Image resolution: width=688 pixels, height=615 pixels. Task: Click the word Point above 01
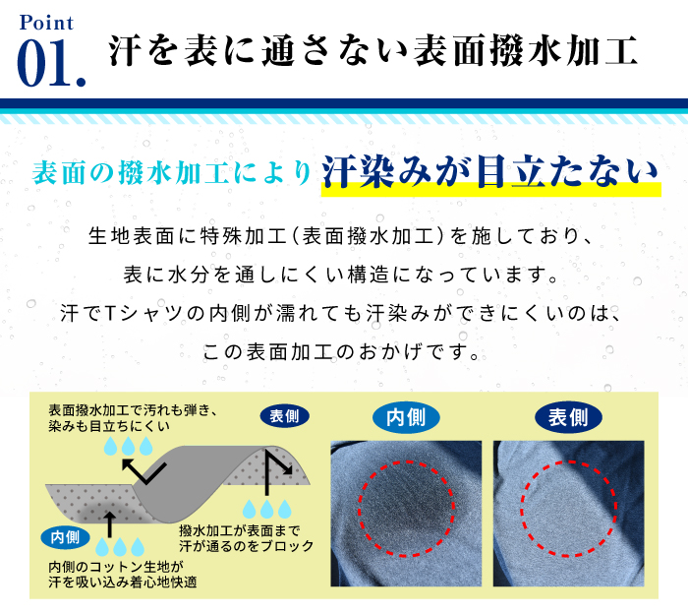tap(46, 23)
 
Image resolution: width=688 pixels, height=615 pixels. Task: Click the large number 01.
tap(51, 63)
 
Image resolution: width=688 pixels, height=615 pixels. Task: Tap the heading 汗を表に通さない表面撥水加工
tap(373, 51)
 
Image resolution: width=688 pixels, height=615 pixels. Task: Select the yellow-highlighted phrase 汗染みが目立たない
tap(490, 172)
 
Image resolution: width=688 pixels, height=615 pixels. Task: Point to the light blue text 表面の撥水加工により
tap(172, 172)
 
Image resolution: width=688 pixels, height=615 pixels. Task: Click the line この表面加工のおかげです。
tap(341, 352)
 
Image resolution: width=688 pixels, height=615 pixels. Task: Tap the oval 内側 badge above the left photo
tap(406, 417)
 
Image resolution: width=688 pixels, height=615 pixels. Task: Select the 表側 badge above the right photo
tap(568, 417)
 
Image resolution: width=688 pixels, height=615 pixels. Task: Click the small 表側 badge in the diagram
tap(284, 415)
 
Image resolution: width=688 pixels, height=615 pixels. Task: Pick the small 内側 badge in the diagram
tap(65, 537)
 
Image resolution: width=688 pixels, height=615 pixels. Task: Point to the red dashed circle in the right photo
tap(521, 510)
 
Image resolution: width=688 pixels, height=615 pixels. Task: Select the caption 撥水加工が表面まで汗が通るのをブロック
tap(246, 538)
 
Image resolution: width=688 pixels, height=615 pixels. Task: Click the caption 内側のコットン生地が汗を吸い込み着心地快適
tap(123, 574)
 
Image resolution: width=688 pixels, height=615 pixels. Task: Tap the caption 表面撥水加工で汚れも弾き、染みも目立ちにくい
tap(133, 418)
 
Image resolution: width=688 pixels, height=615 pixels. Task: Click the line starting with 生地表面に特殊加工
tap(340, 236)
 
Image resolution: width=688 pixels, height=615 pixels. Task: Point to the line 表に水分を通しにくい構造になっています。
tap(340, 275)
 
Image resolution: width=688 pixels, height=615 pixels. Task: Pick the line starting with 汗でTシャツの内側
tap(340, 313)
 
